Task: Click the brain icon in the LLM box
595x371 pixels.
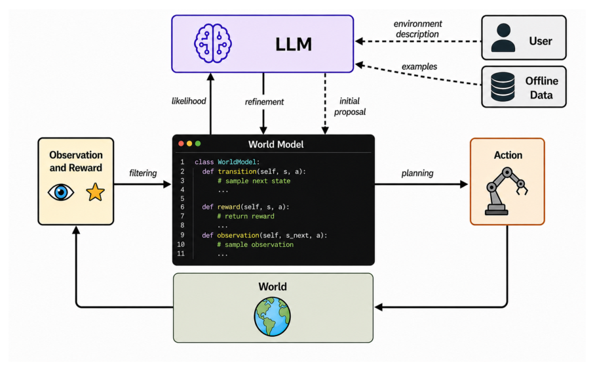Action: (x=213, y=43)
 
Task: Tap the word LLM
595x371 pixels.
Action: (x=294, y=45)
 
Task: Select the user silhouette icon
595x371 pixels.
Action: (x=503, y=37)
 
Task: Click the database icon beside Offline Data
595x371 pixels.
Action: (x=503, y=87)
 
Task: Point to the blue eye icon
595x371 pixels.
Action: (x=61, y=192)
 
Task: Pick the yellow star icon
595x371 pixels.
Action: (x=95, y=192)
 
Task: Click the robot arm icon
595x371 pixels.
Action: (x=507, y=191)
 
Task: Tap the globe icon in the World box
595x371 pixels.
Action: (x=273, y=316)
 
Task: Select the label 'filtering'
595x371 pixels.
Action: (x=143, y=173)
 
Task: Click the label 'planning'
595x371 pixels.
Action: (x=417, y=173)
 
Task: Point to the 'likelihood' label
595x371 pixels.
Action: (x=189, y=101)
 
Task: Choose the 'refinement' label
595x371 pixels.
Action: (x=264, y=102)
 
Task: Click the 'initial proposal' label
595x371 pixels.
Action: (x=349, y=106)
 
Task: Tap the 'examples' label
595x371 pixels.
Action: (x=419, y=67)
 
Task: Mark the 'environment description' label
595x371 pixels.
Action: (x=418, y=29)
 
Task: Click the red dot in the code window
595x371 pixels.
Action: (x=181, y=144)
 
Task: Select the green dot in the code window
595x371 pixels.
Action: (x=198, y=144)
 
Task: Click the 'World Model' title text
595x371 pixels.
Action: (x=276, y=144)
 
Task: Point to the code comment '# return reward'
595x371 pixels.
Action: (x=246, y=216)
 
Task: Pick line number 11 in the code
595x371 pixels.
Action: (x=181, y=253)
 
